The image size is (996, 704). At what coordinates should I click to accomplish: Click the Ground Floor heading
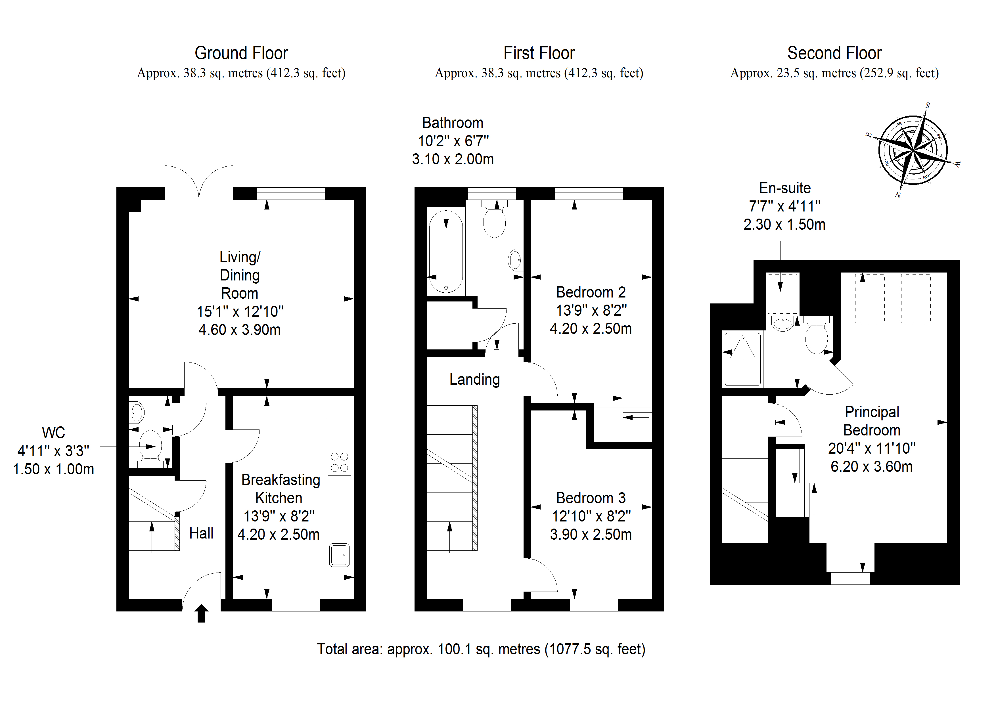click(x=241, y=53)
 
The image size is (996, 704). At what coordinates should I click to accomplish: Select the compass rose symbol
click(x=913, y=150)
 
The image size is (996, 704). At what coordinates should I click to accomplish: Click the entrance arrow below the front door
click(x=201, y=613)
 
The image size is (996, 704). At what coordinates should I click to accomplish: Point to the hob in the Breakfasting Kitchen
click(x=339, y=462)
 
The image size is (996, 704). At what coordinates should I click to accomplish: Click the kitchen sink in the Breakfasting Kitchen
click(x=339, y=555)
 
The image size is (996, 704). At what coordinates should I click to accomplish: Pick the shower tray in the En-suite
click(x=743, y=359)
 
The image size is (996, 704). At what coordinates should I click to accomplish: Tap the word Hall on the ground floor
click(x=201, y=533)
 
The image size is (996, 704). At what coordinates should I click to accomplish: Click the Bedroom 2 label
click(x=591, y=292)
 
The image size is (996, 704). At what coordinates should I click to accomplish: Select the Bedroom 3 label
click(x=591, y=498)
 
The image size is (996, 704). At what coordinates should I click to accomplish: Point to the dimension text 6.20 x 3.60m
click(x=872, y=467)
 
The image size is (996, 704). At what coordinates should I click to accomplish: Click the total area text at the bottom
click(x=481, y=649)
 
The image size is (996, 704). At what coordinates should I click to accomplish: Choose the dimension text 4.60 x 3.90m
click(x=239, y=330)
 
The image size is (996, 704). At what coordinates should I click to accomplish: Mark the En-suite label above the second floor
click(x=785, y=188)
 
